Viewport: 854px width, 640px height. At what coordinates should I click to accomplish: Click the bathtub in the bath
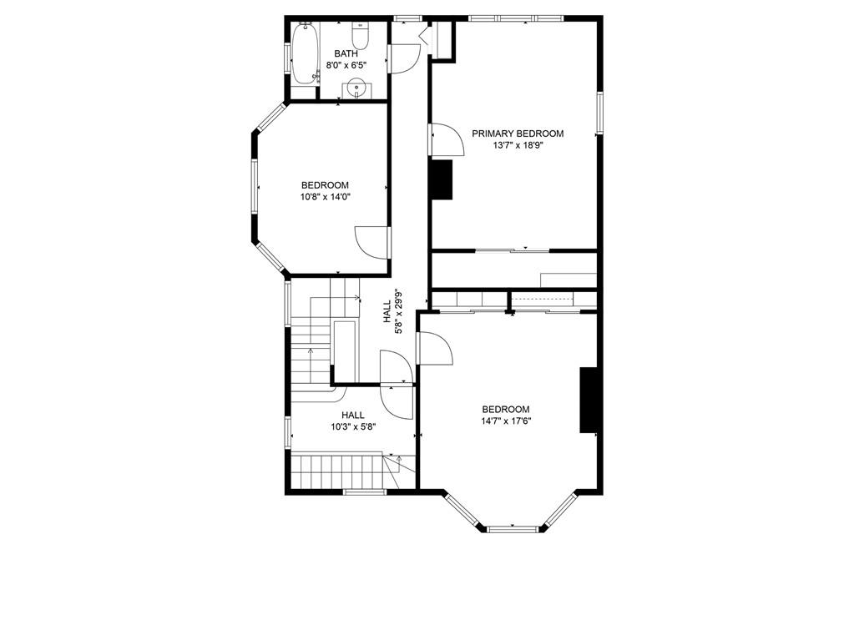(x=304, y=53)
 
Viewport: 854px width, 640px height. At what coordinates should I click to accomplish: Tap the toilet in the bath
(x=360, y=36)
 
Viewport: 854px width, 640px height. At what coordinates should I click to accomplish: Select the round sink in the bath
(x=356, y=87)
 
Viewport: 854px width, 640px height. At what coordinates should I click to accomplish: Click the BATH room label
(x=346, y=54)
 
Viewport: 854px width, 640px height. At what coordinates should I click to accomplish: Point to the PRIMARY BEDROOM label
(x=518, y=134)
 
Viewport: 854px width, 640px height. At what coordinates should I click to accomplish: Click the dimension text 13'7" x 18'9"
(x=518, y=145)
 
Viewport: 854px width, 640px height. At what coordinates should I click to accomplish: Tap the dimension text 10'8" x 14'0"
(x=325, y=197)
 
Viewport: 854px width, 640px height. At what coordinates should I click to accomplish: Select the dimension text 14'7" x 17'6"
(x=505, y=421)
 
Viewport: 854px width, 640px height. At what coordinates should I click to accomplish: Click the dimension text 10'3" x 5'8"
(x=353, y=426)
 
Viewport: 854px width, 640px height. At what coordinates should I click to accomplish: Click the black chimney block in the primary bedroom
(x=442, y=179)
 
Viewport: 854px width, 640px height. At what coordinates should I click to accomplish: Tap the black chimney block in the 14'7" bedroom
(x=589, y=400)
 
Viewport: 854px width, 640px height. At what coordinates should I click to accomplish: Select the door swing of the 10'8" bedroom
(x=372, y=242)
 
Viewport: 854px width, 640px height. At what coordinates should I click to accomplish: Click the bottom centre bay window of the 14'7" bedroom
(x=513, y=528)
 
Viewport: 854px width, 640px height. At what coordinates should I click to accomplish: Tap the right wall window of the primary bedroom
(x=599, y=113)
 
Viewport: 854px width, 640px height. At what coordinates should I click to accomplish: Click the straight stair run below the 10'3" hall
(x=336, y=472)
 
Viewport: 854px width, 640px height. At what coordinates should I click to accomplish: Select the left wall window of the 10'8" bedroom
(x=254, y=187)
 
